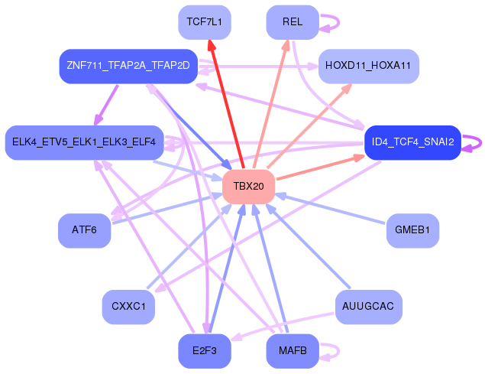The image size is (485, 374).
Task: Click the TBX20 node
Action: pyautogui.click(x=248, y=187)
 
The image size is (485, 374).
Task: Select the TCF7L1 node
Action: pyautogui.click(x=204, y=21)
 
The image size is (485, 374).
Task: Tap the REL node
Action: pyautogui.click(x=292, y=21)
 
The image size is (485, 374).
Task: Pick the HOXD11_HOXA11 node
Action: pyautogui.click(x=368, y=66)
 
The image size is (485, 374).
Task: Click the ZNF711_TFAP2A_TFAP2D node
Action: pyautogui.click(x=128, y=66)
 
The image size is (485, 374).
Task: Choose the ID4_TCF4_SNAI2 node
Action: pyautogui.click(x=412, y=142)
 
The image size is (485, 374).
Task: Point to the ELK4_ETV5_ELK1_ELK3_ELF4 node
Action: pyautogui.click(x=84, y=142)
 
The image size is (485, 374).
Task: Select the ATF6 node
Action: pyautogui.click(x=84, y=230)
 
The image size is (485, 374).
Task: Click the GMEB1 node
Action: pyautogui.click(x=412, y=230)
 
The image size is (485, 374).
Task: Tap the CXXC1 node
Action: pyautogui.click(x=128, y=307)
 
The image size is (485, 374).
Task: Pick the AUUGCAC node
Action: pyautogui.click(x=368, y=307)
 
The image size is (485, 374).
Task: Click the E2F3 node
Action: pyautogui.click(x=204, y=351)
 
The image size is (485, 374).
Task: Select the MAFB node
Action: pyautogui.click(x=292, y=351)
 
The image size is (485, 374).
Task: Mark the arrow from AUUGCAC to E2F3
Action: pyautogui.click(x=283, y=326)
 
